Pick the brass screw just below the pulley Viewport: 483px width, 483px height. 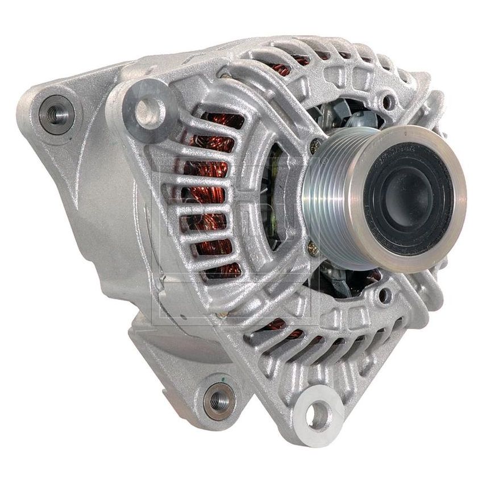[x=311, y=248]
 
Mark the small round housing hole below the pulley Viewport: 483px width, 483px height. [x=387, y=295]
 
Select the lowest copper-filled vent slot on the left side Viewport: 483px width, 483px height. [x=222, y=268]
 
